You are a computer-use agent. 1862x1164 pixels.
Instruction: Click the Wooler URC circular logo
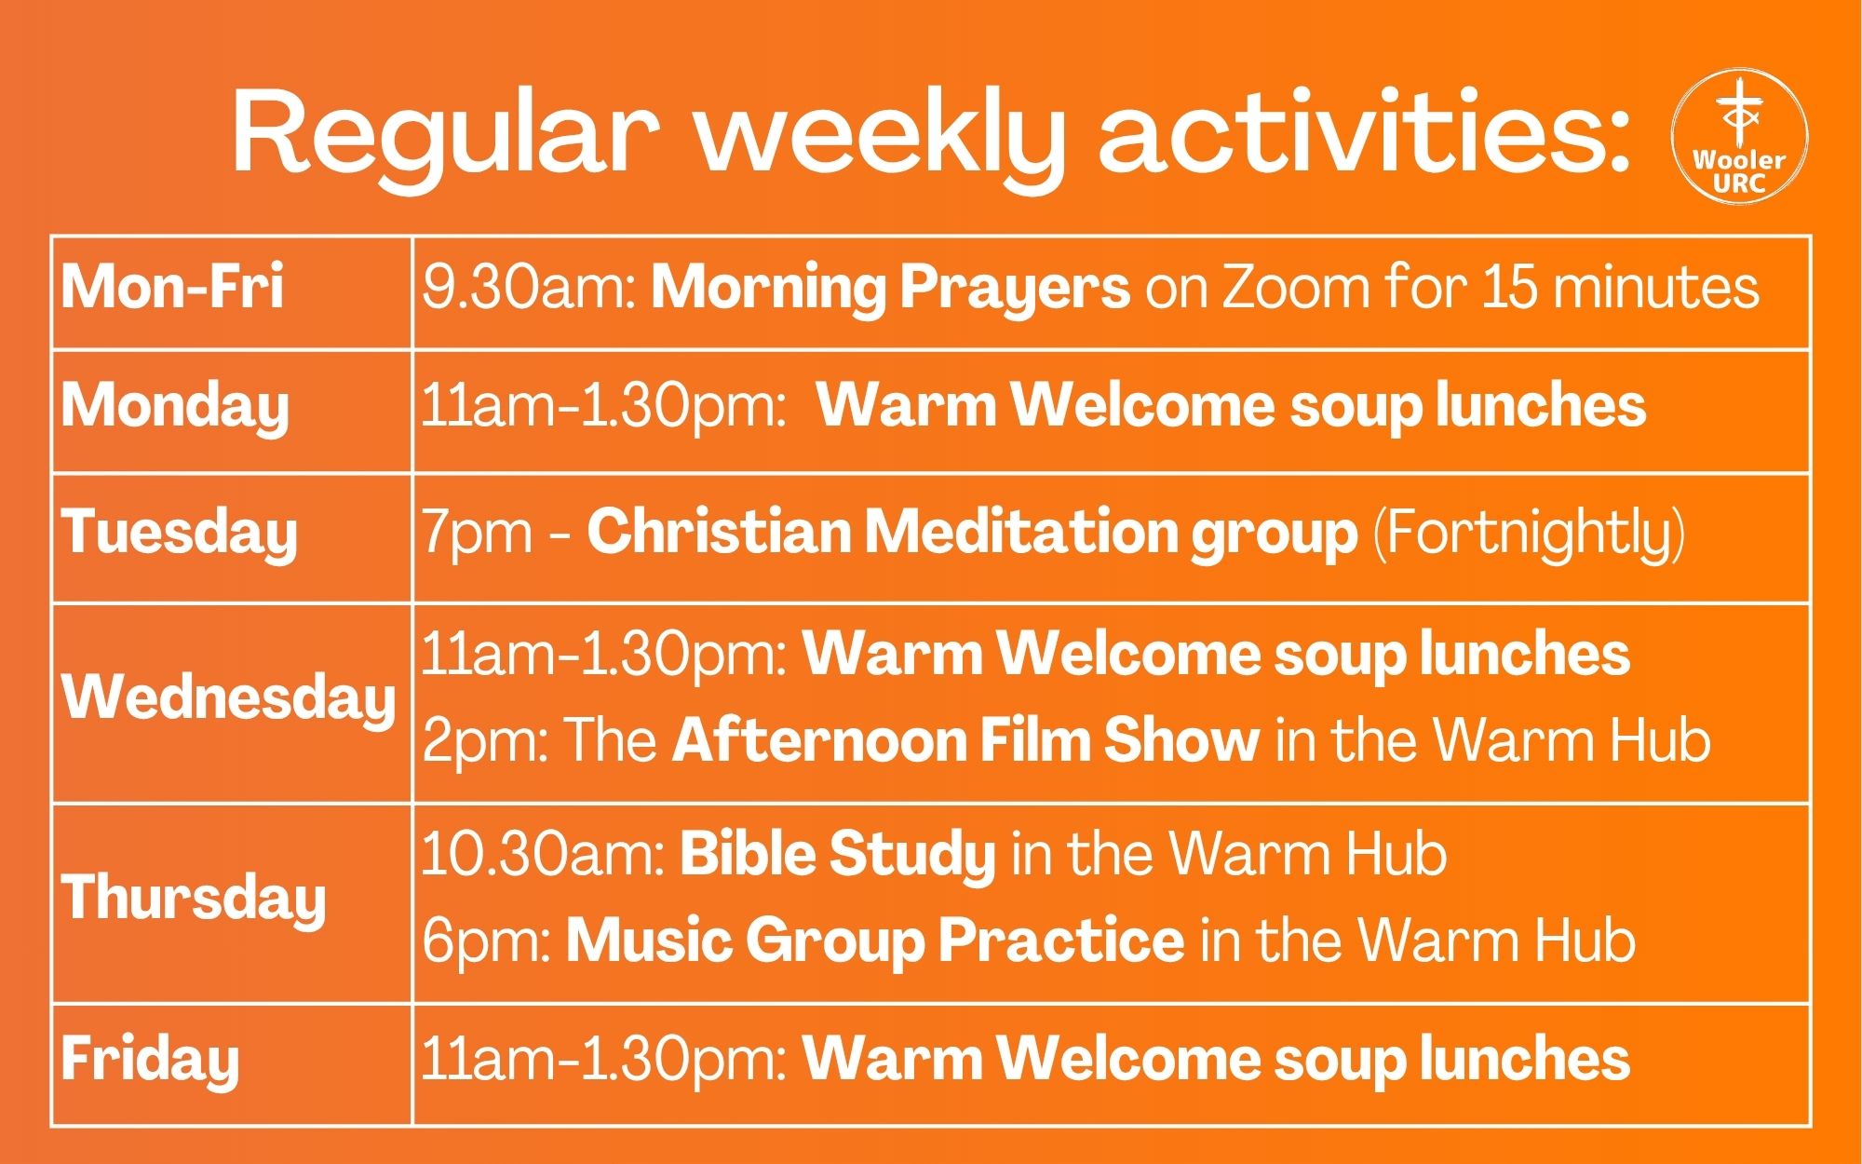point(1739,136)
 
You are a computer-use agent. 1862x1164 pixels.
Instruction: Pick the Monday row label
point(175,409)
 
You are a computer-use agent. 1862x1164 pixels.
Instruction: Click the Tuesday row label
point(179,534)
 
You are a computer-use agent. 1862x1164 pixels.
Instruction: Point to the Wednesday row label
point(228,698)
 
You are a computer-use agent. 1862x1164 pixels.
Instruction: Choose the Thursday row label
point(194,899)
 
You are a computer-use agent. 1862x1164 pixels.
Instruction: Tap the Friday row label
point(150,1061)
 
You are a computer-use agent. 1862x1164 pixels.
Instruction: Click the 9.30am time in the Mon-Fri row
point(528,287)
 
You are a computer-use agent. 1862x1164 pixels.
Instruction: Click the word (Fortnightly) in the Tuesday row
point(1529,535)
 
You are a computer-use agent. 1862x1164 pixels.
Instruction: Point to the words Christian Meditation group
point(972,534)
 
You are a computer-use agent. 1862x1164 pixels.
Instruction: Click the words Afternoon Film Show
point(965,740)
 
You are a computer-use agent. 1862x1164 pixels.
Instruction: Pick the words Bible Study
point(838,855)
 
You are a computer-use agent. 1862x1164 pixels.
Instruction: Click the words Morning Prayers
point(891,288)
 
